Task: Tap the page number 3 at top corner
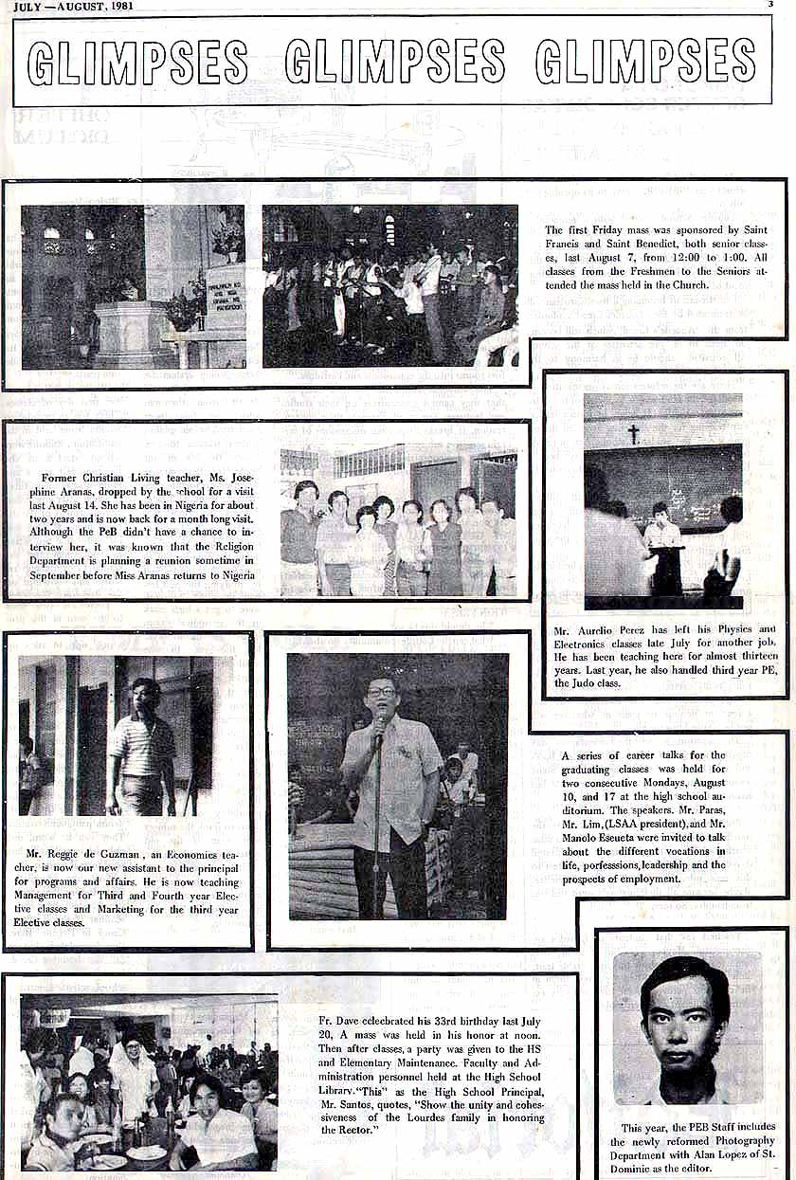[x=770, y=5]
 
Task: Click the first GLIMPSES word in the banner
[x=137, y=62]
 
